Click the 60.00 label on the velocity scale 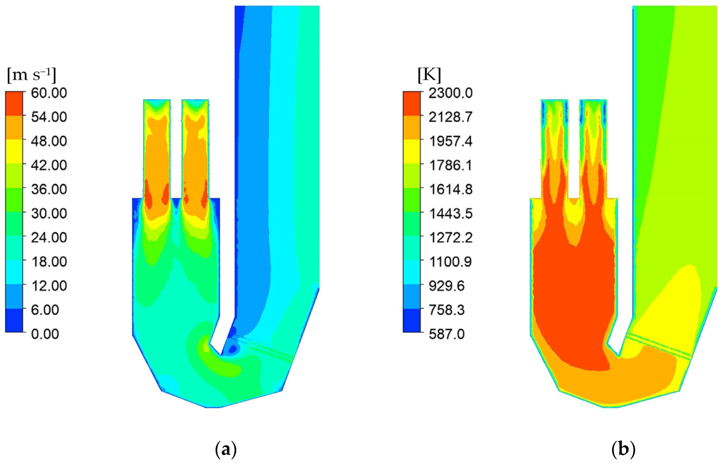pyautogui.click(x=49, y=93)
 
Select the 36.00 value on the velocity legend pyautogui.click(x=49, y=189)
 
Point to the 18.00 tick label pyautogui.click(x=49, y=262)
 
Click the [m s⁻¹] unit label pyautogui.click(x=31, y=75)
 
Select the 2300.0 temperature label pyautogui.click(x=450, y=93)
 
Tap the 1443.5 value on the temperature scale pyautogui.click(x=450, y=213)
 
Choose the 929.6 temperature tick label pyautogui.click(x=446, y=286)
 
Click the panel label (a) pyautogui.click(x=226, y=450)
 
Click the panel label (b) pyautogui.click(x=623, y=450)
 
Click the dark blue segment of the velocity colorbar pyautogui.click(x=14, y=320)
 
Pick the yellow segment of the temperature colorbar pyautogui.click(x=411, y=152)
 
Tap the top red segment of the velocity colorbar pyautogui.click(x=14, y=104)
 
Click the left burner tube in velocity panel pyautogui.click(x=157, y=151)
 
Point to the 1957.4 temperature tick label pyautogui.click(x=450, y=141)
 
